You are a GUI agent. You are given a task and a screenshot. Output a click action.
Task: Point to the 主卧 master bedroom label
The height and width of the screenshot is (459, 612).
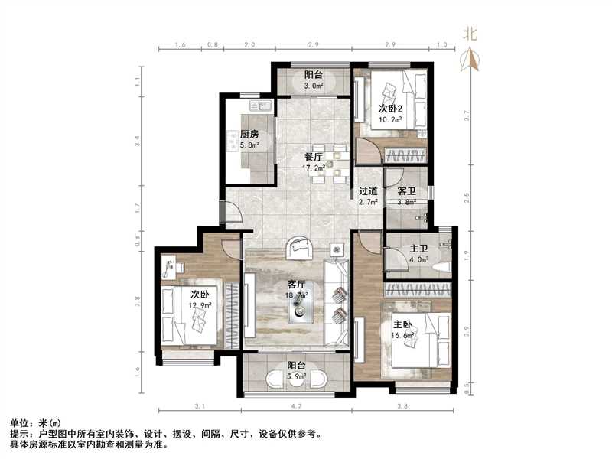(403, 325)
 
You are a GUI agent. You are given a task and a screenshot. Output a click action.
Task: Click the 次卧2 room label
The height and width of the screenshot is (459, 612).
(390, 108)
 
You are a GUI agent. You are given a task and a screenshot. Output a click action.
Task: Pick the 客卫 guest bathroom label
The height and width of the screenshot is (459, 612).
(397, 191)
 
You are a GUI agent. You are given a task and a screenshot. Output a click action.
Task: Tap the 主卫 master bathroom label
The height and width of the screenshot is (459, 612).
(418, 249)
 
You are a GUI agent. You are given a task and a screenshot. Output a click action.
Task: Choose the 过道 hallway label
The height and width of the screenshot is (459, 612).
(368, 191)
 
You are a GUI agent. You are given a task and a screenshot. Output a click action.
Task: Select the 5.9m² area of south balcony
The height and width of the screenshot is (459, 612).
(297, 376)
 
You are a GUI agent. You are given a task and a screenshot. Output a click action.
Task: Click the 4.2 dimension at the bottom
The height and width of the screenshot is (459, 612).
(298, 406)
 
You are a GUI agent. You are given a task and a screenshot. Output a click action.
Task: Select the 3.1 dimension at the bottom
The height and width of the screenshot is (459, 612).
(200, 406)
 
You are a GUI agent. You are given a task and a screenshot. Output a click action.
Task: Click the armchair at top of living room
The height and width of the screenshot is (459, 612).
(299, 248)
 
